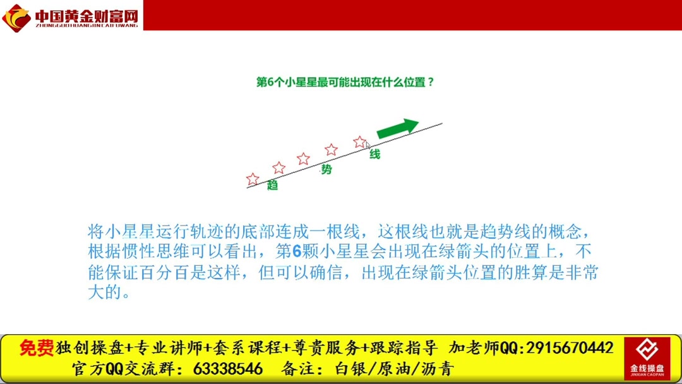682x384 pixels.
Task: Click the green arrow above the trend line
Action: pos(397,128)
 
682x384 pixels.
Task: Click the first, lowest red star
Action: pos(253,179)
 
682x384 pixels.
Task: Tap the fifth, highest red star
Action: pos(359,141)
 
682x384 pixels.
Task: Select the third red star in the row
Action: pos(303,159)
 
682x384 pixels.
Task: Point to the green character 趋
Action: pos(273,185)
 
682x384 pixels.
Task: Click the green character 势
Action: pos(326,169)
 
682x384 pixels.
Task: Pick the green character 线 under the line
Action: pos(375,154)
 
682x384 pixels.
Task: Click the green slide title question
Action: pos(345,82)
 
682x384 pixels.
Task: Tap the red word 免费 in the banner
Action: pos(37,348)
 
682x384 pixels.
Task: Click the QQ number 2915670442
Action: pos(569,348)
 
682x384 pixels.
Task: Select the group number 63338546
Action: pos(228,369)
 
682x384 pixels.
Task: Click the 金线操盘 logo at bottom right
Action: pos(647,357)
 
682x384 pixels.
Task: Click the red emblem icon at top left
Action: pos(16,17)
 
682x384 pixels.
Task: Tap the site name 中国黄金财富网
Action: pos(86,15)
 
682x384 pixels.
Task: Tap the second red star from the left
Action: pos(278,168)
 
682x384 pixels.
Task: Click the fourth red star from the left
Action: pos(331,150)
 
